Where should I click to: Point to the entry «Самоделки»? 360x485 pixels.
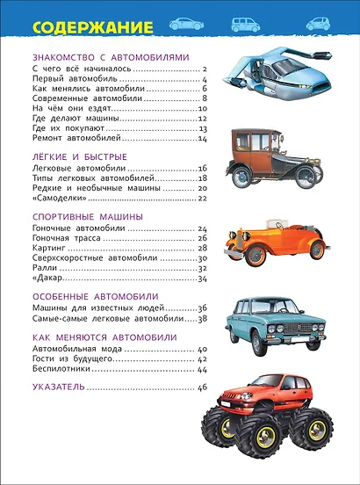pyautogui.click(x=55, y=198)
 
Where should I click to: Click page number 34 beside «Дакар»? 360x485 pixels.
pyautogui.click(x=201, y=279)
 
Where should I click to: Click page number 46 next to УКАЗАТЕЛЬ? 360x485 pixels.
pyautogui.click(x=201, y=387)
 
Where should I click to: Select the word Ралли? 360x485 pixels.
pyautogui.click(x=43, y=269)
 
